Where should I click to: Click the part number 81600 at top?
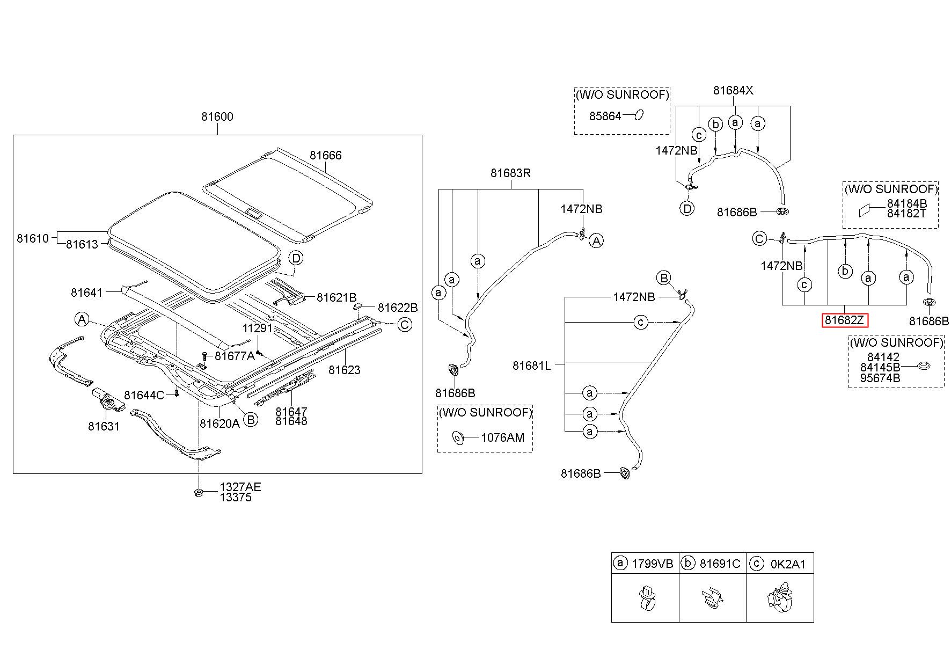click(x=217, y=116)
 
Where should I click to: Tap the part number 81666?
click(x=325, y=155)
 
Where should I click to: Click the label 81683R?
click(x=510, y=173)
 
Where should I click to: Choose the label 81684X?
click(x=733, y=91)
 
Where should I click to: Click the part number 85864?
click(x=605, y=116)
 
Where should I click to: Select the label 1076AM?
click(x=502, y=437)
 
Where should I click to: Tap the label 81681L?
click(x=531, y=366)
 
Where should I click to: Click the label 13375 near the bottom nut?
click(x=235, y=498)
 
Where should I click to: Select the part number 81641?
click(x=86, y=293)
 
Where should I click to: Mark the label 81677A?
click(x=235, y=356)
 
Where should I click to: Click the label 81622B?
click(x=398, y=308)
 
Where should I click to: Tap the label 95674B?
click(x=880, y=378)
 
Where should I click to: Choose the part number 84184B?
click(x=907, y=203)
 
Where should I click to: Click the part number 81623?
click(x=345, y=370)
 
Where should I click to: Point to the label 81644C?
click(x=144, y=396)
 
